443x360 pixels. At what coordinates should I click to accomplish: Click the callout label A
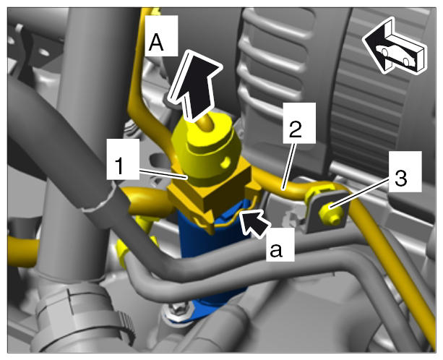pyautogui.click(x=161, y=35)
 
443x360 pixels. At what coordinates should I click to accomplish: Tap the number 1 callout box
pyautogui.click(x=123, y=159)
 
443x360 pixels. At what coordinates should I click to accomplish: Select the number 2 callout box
pyautogui.click(x=299, y=123)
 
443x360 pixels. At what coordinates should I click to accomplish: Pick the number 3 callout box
pyautogui.click(x=405, y=171)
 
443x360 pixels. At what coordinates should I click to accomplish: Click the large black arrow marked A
pyautogui.click(x=195, y=85)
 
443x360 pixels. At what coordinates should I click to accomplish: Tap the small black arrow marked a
pyautogui.click(x=255, y=223)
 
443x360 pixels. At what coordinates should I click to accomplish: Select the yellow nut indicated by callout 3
pyautogui.click(x=330, y=214)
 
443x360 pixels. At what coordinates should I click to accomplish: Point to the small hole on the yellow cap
pyautogui.click(x=225, y=162)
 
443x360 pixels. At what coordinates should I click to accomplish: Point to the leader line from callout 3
pyautogui.click(x=360, y=194)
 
